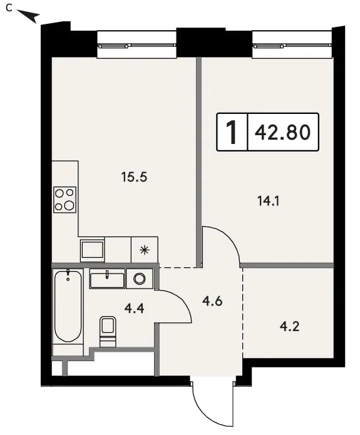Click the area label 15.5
134,177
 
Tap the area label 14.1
269,201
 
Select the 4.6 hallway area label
212,301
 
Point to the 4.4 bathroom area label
134,308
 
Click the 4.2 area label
289,327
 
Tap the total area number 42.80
282,132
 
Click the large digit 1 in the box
232,132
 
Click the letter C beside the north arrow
9,8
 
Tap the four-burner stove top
64,200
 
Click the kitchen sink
92,251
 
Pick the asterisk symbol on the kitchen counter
145,250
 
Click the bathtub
68,306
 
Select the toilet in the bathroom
108,331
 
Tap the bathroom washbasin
107,279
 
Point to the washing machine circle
140,279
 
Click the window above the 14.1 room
292,45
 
